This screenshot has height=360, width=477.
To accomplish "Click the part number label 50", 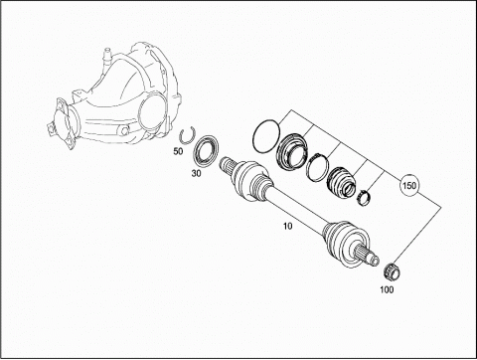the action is coord(178,151).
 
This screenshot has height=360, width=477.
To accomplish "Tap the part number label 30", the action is coord(196,173).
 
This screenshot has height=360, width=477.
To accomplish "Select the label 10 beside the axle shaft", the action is coord(288,226).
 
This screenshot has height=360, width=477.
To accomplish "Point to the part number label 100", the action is coord(387,289).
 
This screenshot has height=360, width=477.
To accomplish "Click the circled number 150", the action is coord(409,185).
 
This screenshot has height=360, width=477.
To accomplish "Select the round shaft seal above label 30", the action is coord(206,149).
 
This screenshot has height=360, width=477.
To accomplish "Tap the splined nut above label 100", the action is coord(393,270).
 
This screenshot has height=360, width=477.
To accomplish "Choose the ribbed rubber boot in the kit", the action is coord(341,184).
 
